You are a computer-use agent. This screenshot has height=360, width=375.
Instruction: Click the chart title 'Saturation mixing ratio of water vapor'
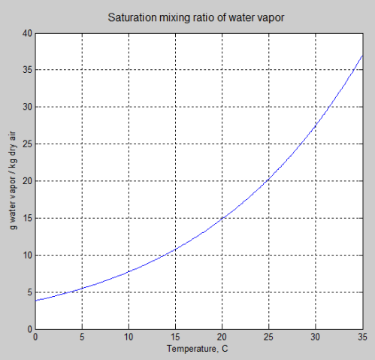pyautogui.click(x=199, y=17)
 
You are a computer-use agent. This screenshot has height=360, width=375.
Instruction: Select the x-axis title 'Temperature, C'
pyautogui.click(x=199, y=349)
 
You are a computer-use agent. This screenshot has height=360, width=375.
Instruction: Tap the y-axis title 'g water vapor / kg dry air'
pyautogui.click(x=14, y=181)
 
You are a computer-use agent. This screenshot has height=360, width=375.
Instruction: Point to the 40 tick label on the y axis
pyautogui.click(x=27, y=33)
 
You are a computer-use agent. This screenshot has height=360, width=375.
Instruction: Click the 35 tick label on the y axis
pyautogui.click(x=27, y=70)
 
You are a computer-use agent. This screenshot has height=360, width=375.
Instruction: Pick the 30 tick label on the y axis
pyautogui.click(x=27, y=107)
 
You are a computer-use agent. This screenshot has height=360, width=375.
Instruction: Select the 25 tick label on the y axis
pyautogui.click(x=27, y=144)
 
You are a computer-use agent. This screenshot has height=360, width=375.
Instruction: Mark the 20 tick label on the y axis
pyautogui.click(x=27, y=181)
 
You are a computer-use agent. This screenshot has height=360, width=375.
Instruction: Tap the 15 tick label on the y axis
pyautogui.click(x=27, y=218)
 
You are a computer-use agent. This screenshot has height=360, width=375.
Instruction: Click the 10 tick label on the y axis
pyautogui.click(x=27, y=256)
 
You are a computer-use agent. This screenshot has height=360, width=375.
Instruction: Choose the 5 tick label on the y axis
pyautogui.click(x=29, y=292)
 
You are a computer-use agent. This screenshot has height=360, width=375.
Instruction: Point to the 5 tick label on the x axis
pyautogui.click(x=82, y=337)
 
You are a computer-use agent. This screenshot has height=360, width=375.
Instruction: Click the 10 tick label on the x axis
pyautogui.click(x=129, y=337)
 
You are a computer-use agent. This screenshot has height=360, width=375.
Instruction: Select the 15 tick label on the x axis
pyautogui.click(x=176, y=337)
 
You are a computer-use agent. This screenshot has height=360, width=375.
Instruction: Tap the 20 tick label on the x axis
pyautogui.click(x=222, y=337)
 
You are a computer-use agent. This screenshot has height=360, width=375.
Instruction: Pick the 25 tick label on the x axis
pyautogui.click(x=269, y=337)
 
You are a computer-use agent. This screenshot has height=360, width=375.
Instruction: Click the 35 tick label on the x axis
pyautogui.click(x=362, y=337)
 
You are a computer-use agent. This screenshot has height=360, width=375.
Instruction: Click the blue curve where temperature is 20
pyautogui.click(x=222, y=218)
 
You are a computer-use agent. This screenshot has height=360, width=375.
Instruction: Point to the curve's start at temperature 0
pyautogui.click(x=36, y=301)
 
